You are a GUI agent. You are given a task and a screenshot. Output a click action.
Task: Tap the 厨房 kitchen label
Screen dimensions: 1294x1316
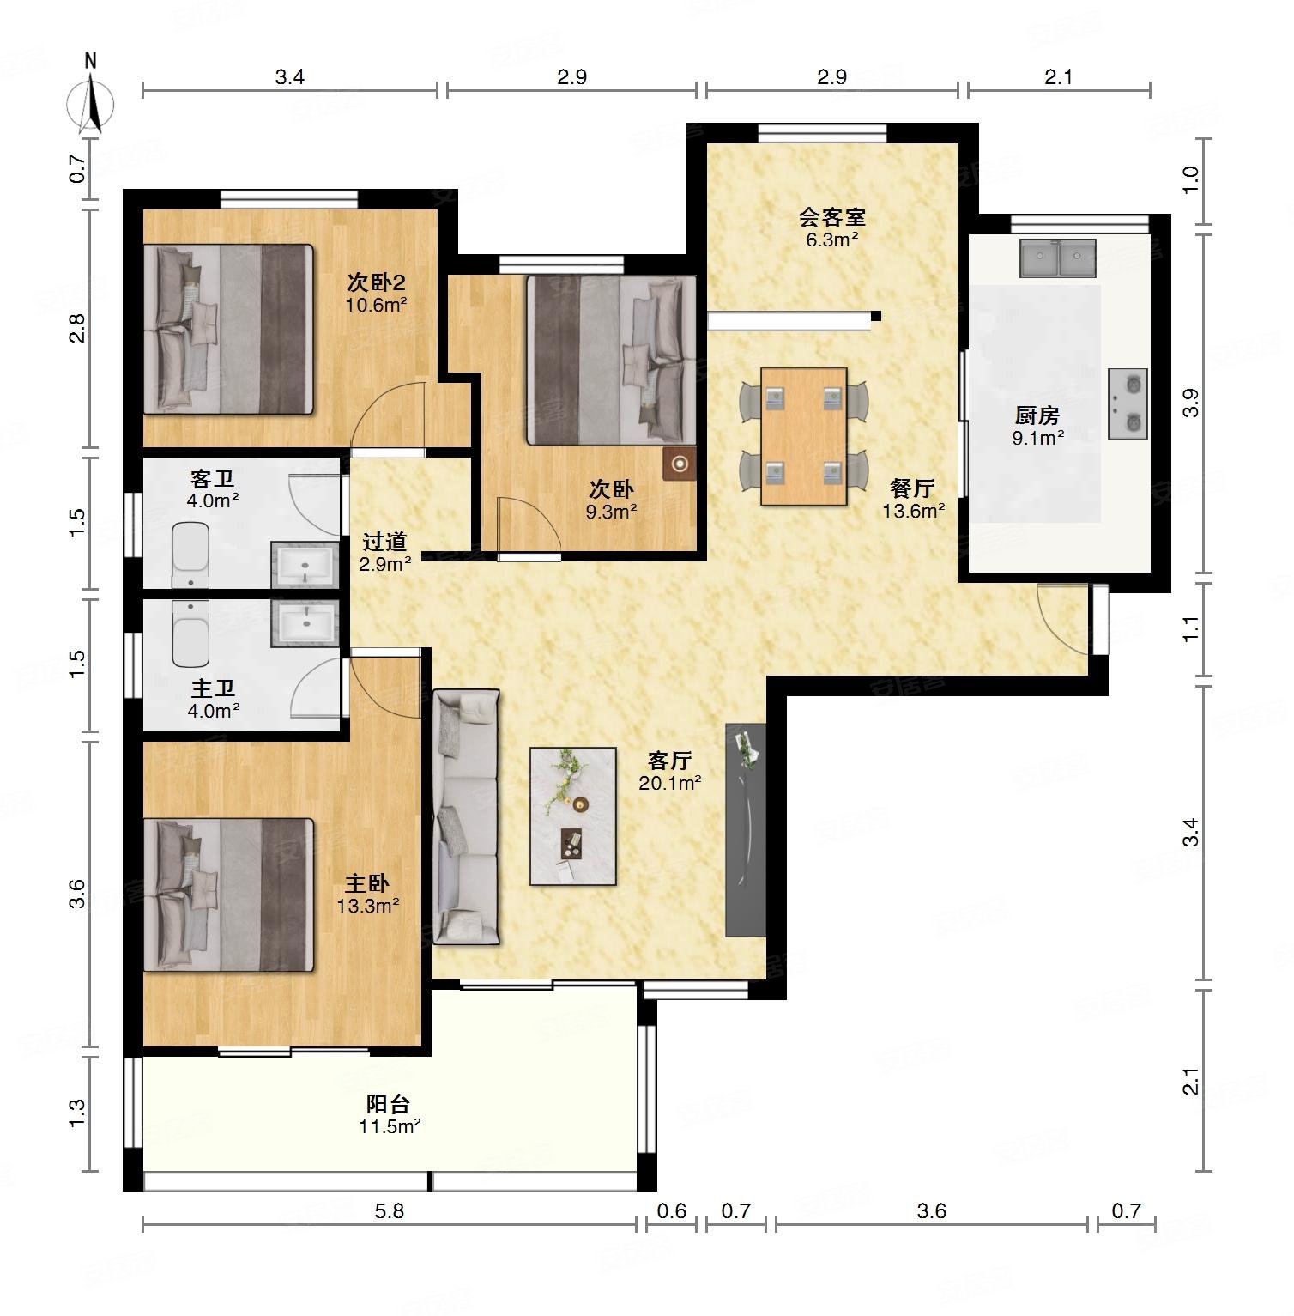click(1037, 416)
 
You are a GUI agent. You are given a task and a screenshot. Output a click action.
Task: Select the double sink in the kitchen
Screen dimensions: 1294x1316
click(1058, 258)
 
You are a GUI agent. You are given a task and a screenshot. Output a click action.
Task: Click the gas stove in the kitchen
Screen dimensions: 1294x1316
click(1128, 403)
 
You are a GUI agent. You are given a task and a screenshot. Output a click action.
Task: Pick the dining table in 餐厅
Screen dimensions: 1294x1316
click(804, 436)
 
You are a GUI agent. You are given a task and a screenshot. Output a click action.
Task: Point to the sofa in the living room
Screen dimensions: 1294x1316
click(466, 816)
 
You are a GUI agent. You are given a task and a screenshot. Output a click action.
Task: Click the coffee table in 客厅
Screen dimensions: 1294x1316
click(573, 816)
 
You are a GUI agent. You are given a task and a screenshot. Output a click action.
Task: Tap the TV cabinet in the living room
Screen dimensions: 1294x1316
click(746, 829)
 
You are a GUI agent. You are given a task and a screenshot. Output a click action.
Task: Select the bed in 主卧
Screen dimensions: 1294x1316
click(229, 895)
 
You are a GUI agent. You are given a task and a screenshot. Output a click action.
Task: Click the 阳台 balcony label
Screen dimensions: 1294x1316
click(388, 1104)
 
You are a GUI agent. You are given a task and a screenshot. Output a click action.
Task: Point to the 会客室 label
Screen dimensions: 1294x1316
click(832, 217)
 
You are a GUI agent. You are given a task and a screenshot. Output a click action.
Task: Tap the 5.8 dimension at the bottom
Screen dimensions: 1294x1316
click(390, 1211)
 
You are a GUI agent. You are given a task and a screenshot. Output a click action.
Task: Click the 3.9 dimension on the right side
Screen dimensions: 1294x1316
click(1190, 403)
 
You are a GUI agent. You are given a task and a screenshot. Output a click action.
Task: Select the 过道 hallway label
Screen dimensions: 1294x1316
click(384, 542)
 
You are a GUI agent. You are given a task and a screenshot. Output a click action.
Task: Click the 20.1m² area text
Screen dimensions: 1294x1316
click(670, 783)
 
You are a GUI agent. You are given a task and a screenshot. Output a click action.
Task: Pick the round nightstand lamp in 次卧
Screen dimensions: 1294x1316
click(680, 464)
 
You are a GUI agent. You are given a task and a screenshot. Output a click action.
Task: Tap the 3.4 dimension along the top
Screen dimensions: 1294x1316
click(290, 77)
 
